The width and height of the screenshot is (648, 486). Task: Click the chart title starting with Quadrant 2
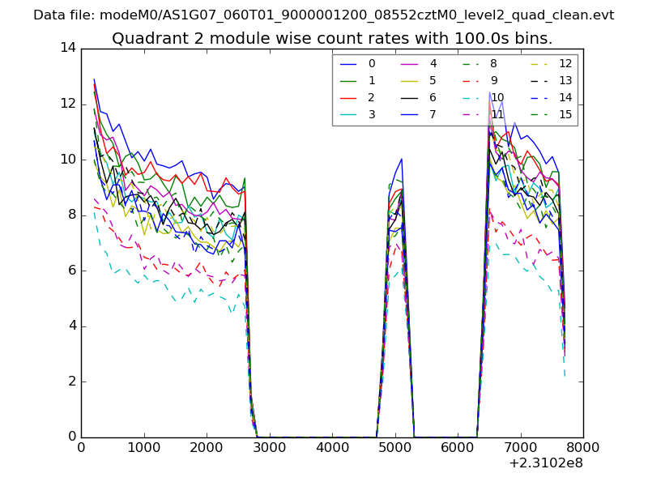[332, 38]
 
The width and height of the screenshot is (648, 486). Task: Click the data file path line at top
[323, 15]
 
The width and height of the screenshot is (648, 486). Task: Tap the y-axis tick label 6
[71, 271]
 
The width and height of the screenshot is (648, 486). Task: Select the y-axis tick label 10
[68, 160]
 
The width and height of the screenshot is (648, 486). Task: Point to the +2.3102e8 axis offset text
[545, 464]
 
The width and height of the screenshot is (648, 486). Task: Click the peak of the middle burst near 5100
[401, 159]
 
